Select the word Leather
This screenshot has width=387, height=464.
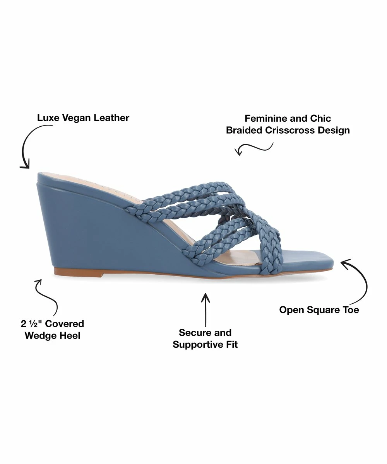click(x=111, y=118)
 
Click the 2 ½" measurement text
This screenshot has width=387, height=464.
click(x=31, y=324)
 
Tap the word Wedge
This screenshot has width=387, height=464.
click(x=39, y=336)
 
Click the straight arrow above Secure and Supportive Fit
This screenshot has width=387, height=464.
click(x=205, y=310)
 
